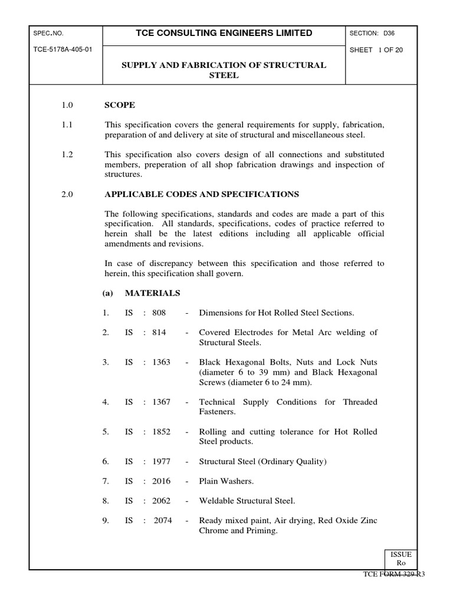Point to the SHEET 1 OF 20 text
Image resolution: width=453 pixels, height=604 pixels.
click(376, 50)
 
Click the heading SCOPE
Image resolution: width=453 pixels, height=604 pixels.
click(120, 105)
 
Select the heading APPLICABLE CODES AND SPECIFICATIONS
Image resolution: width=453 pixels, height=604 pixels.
click(202, 194)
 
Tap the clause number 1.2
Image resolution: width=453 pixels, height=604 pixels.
click(67, 155)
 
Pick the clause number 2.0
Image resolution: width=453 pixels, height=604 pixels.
click(67, 194)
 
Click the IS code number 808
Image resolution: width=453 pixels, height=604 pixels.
click(159, 313)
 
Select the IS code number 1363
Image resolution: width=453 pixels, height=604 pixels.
click(161, 362)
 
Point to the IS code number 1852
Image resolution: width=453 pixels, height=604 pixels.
click(161, 432)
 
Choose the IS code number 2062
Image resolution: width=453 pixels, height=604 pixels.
click(161, 501)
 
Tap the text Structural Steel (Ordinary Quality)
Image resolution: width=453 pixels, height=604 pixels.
click(262, 461)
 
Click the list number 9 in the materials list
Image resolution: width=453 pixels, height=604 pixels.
click(106, 521)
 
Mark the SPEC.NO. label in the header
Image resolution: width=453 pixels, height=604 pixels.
click(48, 34)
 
